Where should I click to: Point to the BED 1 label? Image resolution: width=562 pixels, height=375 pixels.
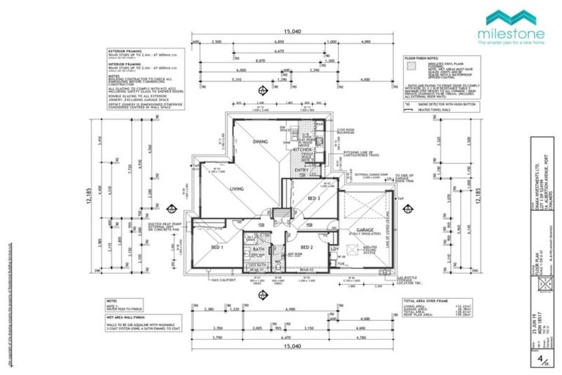(x=216, y=248)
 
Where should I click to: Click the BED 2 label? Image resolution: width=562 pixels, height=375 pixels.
(x=307, y=248)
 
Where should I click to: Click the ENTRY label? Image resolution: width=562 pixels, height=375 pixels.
(x=301, y=171)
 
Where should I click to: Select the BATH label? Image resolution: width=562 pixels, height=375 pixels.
(x=257, y=249)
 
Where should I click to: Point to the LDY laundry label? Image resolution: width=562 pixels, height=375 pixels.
(x=334, y=249)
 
